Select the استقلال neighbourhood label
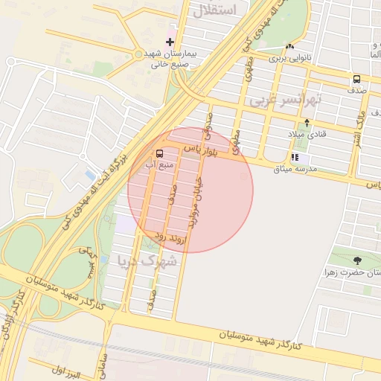coord(234,10)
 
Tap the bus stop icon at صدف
coord(356,80)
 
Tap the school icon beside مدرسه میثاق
coord(295,158)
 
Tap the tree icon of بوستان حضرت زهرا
coord(357,260)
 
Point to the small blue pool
coord(90,176)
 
